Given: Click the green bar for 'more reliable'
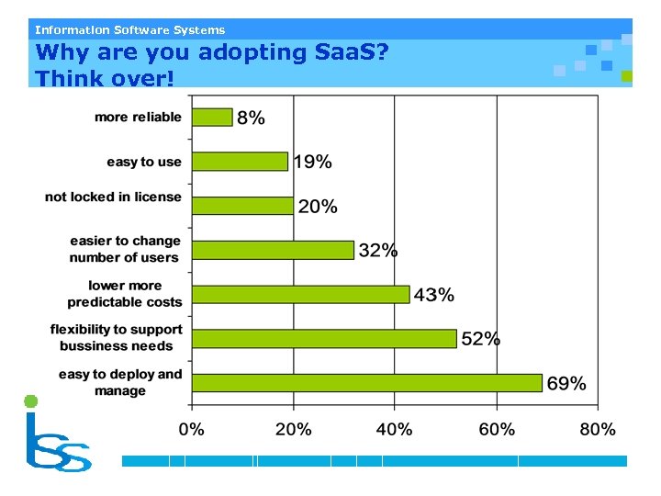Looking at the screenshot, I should pos(212,117).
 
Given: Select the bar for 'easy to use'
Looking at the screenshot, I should pos(240,162).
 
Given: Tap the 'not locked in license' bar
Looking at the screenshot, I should pos(242,206).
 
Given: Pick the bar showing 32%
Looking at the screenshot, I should pos(273,250).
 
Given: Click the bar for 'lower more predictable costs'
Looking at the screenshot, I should pos(300,294).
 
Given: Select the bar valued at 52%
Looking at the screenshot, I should pos(324,338).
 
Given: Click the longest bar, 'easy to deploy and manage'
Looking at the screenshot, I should pos(366,382).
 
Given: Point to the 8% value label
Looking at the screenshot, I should pos(251,118).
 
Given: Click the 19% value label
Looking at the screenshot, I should pos(312,163).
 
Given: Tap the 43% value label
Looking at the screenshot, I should pos(433,295).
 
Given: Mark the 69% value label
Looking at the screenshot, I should pos(566,384).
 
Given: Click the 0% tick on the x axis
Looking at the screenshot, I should pos(191,429).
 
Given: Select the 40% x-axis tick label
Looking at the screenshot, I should pos(394,429).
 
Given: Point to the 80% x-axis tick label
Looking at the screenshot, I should pos(597,429).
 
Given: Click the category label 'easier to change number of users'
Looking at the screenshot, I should pos(125,249).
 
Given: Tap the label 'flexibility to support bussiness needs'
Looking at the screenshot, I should pos(117,337).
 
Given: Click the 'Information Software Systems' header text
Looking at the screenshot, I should pos(129,29).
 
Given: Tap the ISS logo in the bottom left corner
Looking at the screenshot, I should pos(55,435).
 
